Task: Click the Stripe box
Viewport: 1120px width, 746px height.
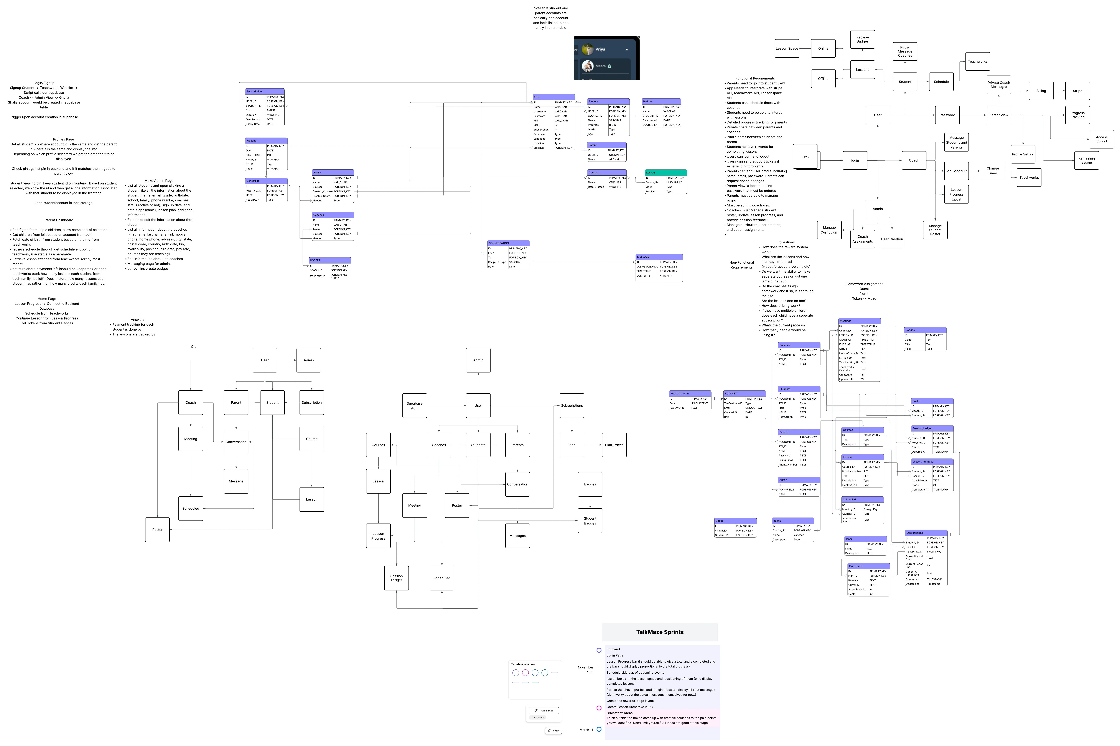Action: point(1077,91)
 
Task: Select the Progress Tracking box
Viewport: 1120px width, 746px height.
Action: point(1077,115)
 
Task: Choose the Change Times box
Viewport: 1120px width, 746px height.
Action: point(993,171)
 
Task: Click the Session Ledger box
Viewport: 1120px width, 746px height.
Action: point(396,578)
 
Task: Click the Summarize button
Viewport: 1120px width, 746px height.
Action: point(544,710)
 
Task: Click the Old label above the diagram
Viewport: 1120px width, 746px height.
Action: point(194,347)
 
